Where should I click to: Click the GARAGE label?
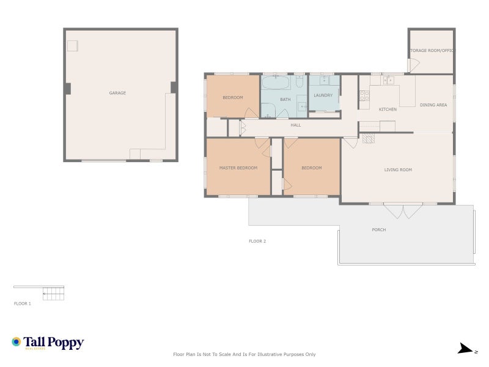click(x=117, y=93)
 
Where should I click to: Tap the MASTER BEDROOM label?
click(x=238, y=168)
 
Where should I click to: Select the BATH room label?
click(x=285, y=99)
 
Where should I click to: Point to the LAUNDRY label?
click(x=323, y=95)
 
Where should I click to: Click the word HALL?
click(x=296, y=125)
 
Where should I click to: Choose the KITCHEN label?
click(x=388, y=109)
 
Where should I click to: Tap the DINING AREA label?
click(x=433, y=105)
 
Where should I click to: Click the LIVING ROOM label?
click(x=398, y=169)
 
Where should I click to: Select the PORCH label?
click(x=379, y=230)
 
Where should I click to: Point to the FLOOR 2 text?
click(x=257, y=241)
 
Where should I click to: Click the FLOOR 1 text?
click(x=23, y=303)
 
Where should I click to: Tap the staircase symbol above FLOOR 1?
click(x=53, y=294)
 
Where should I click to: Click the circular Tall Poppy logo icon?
click(x=17, y=342)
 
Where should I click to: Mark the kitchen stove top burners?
click(x=364, y=95)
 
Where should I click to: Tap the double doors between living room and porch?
click(x=403, y=210)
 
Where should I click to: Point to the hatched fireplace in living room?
click(x=368, y=139)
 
